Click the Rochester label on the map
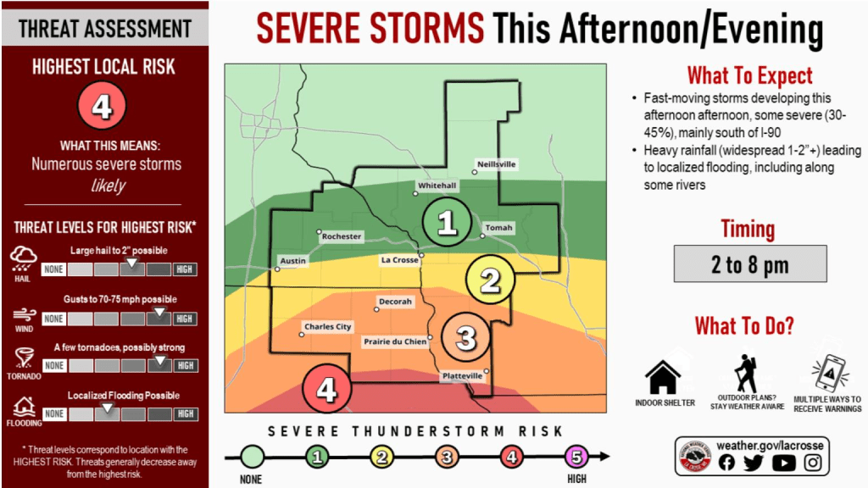tap(342, 236)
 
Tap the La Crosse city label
tap(400, 260)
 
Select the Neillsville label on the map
tap(497, 164)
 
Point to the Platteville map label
tap(462, 376)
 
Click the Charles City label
tap(328, 327)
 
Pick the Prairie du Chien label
tap(395, 342)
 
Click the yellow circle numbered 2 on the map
tap(491, 280)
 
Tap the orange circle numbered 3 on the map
tap(466, 337)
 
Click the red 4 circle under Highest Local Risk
tap(103, 106)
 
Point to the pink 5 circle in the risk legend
tap(576, 457)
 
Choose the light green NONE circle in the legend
tap(252, 457)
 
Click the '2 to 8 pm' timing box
tap(750, 264)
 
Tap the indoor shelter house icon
tap(663, 376)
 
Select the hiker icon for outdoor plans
tap(746, 374)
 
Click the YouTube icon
tap(783, 463)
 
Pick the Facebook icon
tap(726, 463)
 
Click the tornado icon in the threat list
tap(24, 358)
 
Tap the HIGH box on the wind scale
tap(184, 319)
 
